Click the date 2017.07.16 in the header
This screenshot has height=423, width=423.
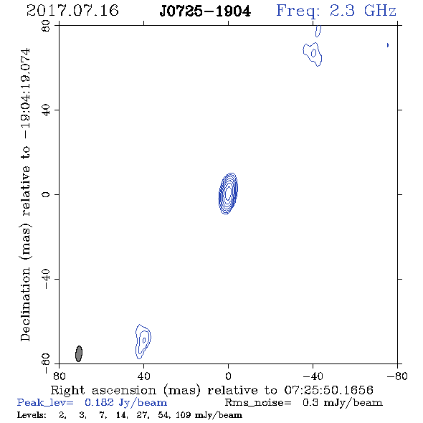(x=72, y=11)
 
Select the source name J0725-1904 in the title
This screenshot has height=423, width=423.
(x=205, y=11)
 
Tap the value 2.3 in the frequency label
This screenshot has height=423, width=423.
(x=342, y=11)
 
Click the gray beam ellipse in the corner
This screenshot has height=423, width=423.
(x=79, y=353)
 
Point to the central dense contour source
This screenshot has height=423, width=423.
(x=228, y=193)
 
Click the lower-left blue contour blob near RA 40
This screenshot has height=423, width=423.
(x=143, y=341)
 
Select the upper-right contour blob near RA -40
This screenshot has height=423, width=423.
(x=313, y=54)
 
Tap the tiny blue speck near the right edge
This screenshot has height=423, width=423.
(x=388, y=45)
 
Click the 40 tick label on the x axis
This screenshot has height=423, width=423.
(x=144, y=376)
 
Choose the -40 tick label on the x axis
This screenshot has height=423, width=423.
(x=313, y=376)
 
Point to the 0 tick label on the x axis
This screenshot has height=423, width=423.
(x=228, y=376)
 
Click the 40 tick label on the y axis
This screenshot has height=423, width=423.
(x=46, y=110)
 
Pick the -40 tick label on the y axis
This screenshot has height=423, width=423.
(x=46, y=279)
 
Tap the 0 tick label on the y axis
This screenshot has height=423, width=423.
(x=46, y=194)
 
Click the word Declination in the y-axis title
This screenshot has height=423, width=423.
(x=25, y=304)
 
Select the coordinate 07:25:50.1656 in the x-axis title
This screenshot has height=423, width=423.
(x=329, y=390)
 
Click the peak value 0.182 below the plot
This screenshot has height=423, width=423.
(x=99, y=402)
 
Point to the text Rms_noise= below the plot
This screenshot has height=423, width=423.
(x=258, y=403)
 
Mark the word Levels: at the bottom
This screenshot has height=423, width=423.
(x=32, y=415)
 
